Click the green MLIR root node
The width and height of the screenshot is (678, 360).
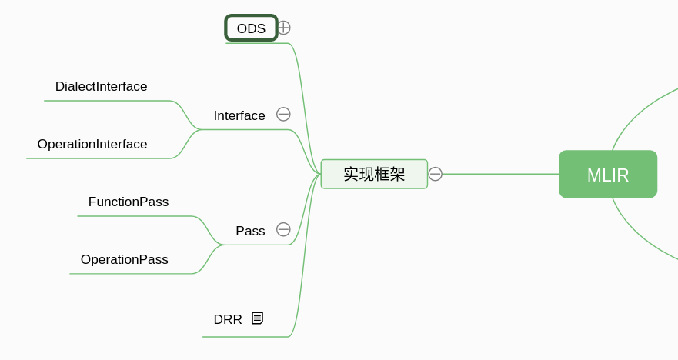(x=608, y=175)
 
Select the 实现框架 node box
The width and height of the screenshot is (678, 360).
(x=374, y=174)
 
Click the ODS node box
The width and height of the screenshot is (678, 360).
(x=251, y=28)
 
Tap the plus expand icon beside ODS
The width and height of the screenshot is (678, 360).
(x=284, y=28)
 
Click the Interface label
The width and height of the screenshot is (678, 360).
(x=239, y=115)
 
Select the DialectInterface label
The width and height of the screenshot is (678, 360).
(x=101, y=87)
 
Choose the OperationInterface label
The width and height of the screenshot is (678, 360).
(x=92, y=145)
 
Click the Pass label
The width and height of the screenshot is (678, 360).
(x=250, y=231)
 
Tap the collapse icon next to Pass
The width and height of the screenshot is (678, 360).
(x=283, y=229)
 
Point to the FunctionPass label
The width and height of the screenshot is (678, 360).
(x=129, y=202)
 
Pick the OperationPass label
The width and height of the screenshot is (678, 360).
(x=125, y=260)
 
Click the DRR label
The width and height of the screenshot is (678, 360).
(x=228, y=319)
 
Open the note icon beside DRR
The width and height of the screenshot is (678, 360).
(x=257, y=318)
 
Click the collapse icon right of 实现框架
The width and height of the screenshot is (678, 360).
(x=436, y=174)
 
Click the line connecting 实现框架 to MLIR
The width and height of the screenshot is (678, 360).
(x=500, y=174)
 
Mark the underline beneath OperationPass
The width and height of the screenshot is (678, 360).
(x=131, y=274)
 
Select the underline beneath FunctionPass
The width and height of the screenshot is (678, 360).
(x=135, y=216)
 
